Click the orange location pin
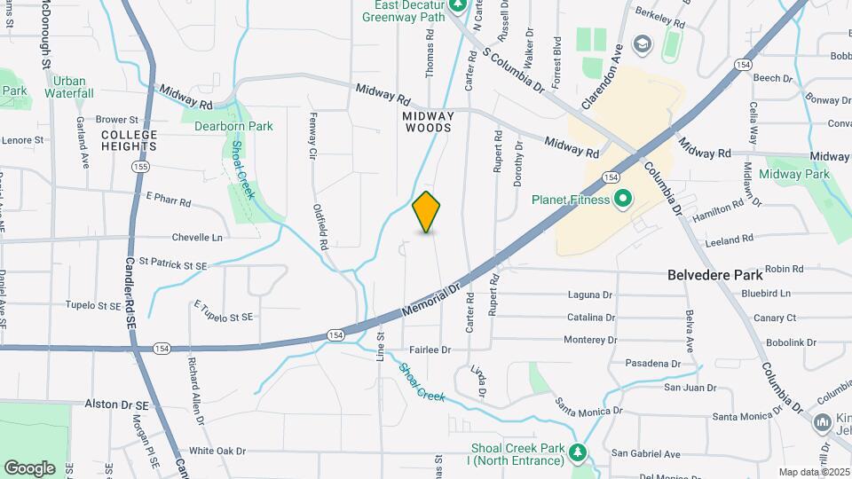pos(427,211)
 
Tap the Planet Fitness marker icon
pos(622,199)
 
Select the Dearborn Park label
pos(233,126)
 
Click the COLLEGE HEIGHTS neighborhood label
pos(129,140)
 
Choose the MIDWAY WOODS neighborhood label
pos(428,122)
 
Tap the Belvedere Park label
pos(716,275)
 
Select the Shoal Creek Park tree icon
pos(579,453)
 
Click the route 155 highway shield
pos(139,167)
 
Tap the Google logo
pos(29,467)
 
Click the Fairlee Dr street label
pos(430,350)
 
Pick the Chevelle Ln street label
pos(196,238)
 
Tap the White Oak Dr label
pos(217,451)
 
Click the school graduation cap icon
pos(642,43)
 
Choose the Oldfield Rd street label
pos(321,226)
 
